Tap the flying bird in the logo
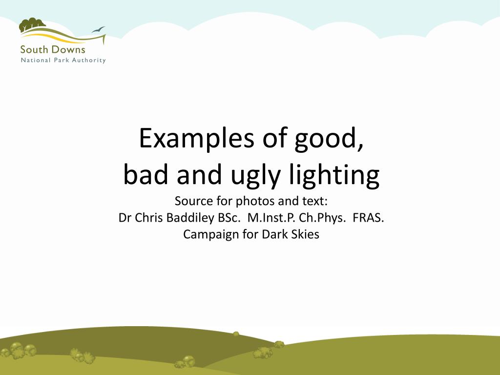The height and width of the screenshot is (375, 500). point(99,29)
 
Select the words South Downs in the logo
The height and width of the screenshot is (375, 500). point(53,49)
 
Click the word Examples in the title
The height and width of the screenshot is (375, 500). point(197,139)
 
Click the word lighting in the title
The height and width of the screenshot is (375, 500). point(333,177)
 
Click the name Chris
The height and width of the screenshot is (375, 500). point(149,218)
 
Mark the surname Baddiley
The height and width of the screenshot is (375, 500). point(187,218)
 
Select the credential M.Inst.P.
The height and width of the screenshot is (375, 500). point(271,218)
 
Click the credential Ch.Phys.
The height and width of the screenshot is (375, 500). point(322,218)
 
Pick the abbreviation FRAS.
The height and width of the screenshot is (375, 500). point(368,218)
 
